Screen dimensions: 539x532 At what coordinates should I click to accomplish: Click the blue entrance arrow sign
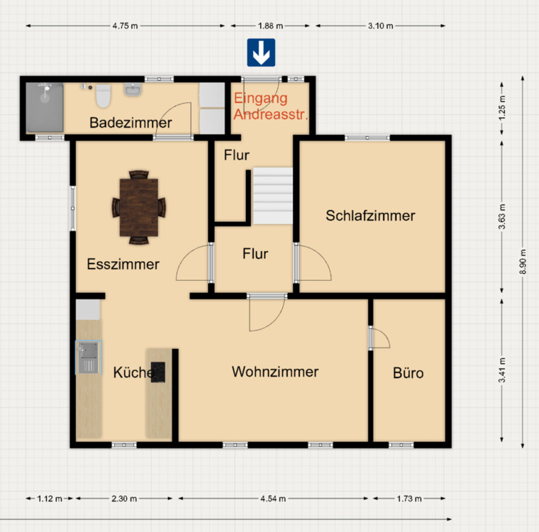(x=261, y=52)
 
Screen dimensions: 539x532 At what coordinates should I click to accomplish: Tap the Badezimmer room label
(x=130, y=123)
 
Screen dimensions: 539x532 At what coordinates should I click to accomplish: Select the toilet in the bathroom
(x=103, y=96)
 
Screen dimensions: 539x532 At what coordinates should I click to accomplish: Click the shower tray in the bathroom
(x=45, y=107)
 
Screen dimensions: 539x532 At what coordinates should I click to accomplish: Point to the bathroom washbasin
(x=133, y=89)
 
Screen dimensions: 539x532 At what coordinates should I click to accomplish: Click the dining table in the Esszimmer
(x=139, y=207)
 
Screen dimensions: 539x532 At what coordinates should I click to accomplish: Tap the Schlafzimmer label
(x=370, y=216)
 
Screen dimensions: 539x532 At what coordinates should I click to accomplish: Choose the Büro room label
(x=408, y=373)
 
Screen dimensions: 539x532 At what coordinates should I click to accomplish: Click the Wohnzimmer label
(x=275, y=372)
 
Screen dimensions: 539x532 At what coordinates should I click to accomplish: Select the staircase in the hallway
(x=273, y=196)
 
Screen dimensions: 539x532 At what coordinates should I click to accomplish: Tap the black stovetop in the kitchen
(x=158, y=372)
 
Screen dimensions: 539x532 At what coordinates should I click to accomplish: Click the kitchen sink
(x=89, y=358)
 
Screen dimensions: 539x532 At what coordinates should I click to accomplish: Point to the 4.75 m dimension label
(x=125, y=26)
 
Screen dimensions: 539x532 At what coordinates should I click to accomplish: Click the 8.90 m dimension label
(x=523, y=261)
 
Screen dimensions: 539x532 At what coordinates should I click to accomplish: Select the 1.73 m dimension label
(x=409, y=499)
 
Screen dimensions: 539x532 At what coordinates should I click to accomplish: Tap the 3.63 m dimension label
(x=502, y=216)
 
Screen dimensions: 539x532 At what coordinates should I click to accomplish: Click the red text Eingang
(x=260, y=99)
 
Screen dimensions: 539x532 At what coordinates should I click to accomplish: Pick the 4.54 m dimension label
(x=273, y=499)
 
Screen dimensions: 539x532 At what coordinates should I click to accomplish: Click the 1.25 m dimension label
(x=502, y=108)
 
